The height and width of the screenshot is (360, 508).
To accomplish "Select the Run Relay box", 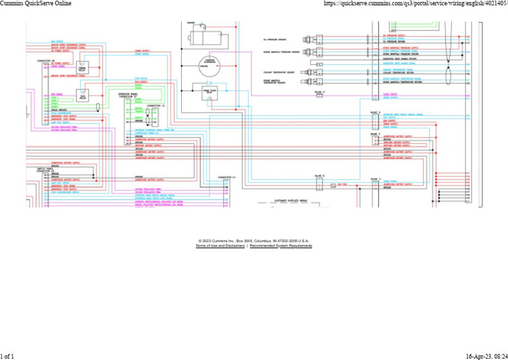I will point(83,97).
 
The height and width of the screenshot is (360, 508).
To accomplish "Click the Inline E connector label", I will point(375,112).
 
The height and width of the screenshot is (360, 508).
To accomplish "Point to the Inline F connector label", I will point(375,134).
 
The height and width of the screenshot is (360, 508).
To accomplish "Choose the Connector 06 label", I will point(46,60).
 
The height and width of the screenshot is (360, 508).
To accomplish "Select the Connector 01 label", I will point(227,177).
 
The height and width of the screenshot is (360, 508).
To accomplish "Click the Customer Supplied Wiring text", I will point(291,199).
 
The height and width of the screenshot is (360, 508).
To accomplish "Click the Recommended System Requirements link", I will point(281,246).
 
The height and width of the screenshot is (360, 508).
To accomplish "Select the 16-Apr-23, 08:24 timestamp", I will point(484,356).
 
